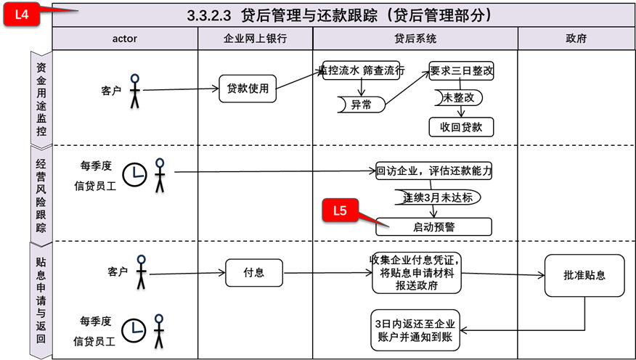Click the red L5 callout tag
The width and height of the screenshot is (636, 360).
340,211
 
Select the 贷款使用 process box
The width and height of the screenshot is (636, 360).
248,89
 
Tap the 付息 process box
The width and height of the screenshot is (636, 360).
254,273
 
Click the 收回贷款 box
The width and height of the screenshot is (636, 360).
461,127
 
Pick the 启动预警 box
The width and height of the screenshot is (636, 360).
433,227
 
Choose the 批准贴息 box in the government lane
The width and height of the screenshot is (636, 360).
584,275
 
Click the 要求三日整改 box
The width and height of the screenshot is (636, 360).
461,71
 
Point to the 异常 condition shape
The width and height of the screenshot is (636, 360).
361,105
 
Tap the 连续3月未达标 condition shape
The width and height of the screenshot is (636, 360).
434,197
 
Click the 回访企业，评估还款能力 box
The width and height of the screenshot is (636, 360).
434,171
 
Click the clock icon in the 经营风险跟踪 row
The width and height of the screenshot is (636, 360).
134,174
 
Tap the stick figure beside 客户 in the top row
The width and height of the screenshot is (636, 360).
134,90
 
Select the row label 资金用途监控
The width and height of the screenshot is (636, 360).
41,97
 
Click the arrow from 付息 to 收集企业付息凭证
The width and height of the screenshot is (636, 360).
327,273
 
